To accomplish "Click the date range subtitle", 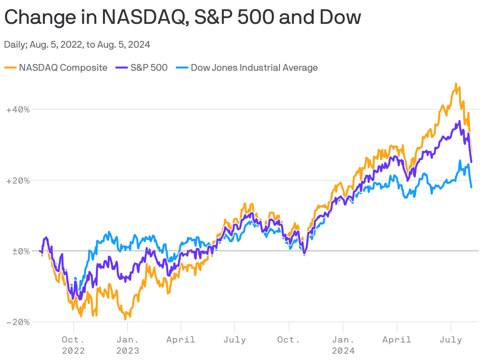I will coord(77,45).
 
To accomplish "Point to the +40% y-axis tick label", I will coord(18,109).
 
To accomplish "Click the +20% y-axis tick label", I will coord(18,180).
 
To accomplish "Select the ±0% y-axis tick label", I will coord(18,251).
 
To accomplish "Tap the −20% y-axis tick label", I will coord(18,322).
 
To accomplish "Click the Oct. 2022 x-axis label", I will coord(73,345).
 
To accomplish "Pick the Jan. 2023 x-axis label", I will coord(128,345).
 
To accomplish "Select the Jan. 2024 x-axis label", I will coord(343,345).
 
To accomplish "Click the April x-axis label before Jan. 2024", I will coord(181,340).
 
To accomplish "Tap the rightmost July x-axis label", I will coord(450,340).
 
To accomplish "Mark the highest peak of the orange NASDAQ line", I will coord(456,84).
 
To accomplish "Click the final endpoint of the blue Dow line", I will coord(471,187).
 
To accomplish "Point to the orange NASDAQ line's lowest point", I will coord(125,319).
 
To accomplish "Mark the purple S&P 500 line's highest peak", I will coord(460,121).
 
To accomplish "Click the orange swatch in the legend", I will coord(10,68).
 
